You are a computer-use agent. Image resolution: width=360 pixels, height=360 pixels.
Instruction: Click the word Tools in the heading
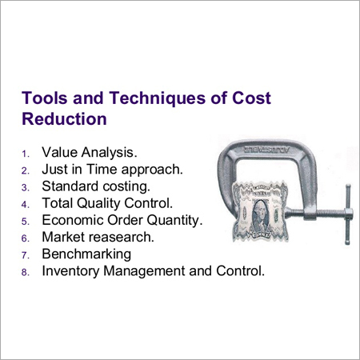click(41, 98)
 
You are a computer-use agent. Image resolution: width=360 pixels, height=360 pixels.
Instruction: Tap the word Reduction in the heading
click(64, 118)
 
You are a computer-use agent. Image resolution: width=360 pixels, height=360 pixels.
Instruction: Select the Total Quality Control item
click(107, 203)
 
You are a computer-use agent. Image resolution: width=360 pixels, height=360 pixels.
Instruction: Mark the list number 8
click(26, 272)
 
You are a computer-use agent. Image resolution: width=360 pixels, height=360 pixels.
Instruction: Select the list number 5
click(26, 221)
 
